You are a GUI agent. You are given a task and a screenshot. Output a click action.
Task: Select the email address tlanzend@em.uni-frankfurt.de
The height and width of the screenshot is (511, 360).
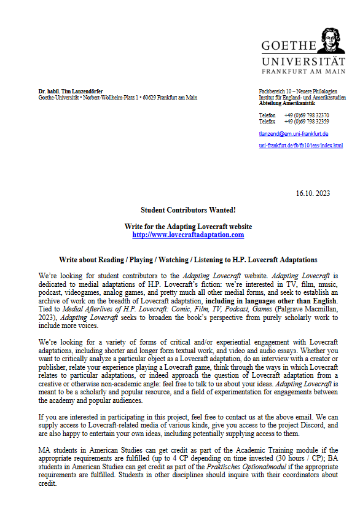point(294,133)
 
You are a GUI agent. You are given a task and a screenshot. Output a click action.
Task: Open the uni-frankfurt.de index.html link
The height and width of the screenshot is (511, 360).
point(301,146)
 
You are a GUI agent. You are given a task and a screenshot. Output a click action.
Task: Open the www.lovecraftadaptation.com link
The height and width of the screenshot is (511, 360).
point(188,235)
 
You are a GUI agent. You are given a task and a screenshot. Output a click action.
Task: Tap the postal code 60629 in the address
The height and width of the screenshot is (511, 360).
point(149,98)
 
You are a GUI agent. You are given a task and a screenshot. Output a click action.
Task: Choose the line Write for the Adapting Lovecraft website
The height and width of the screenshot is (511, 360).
point(188,227)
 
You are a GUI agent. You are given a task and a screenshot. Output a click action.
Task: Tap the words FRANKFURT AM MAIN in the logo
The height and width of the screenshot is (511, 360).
point(303,71)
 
